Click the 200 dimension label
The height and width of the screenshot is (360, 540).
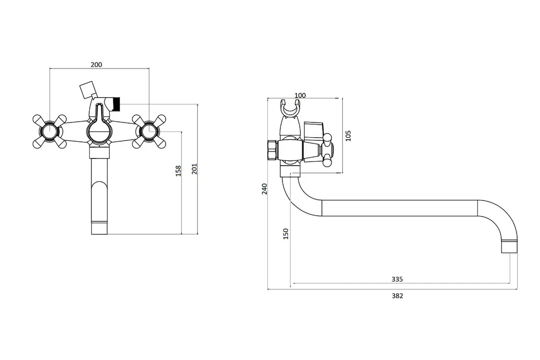96,64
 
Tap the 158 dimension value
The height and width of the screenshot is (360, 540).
178,171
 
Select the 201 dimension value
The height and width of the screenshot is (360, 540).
194,168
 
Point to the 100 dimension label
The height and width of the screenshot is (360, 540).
300,95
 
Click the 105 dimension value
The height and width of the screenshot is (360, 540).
348,136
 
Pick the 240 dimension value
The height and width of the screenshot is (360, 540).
264,189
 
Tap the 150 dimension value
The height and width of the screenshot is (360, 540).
286,234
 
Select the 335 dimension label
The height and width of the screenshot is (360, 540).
397,279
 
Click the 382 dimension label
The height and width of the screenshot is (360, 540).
397,296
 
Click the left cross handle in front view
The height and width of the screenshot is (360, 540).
50,131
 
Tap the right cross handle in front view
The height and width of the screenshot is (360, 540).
149,131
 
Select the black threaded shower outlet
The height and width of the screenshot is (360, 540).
117,104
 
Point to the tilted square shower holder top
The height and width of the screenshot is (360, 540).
87,90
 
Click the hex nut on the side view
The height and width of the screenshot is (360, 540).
273,150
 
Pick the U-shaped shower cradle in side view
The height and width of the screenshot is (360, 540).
290,109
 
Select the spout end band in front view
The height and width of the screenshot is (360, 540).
100,229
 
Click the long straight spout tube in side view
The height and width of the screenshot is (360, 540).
399,208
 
